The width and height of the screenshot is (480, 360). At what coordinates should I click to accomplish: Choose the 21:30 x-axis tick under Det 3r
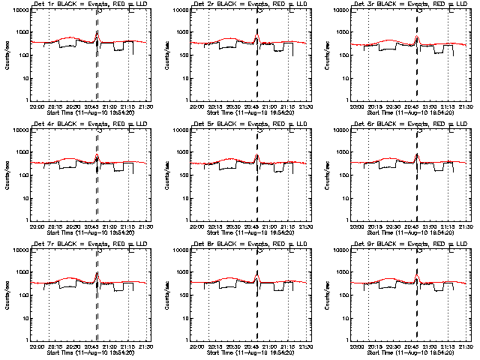(x=466, y=106)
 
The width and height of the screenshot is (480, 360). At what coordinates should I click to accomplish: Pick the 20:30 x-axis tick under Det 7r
(x=74, y=346)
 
